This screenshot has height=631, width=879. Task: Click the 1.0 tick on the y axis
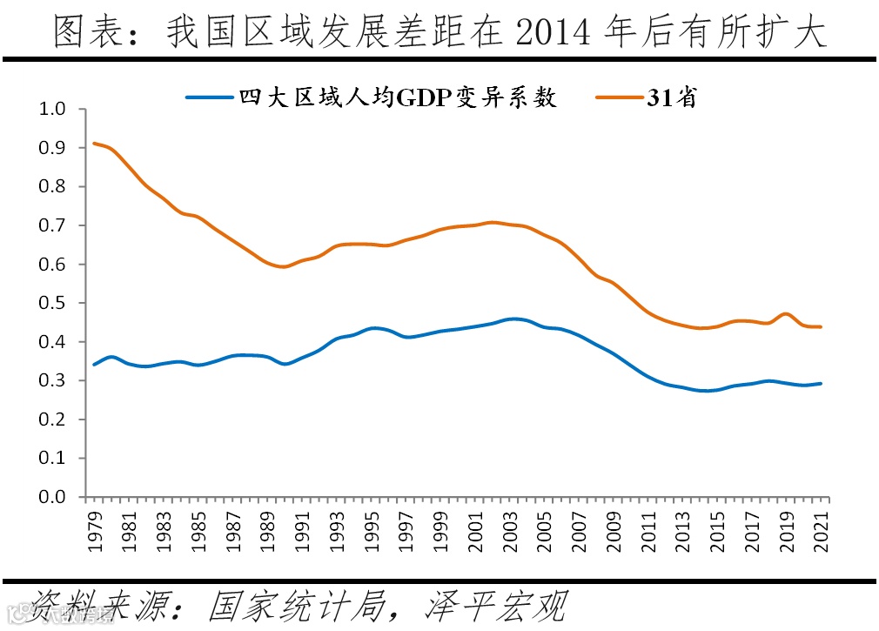pos(53,109)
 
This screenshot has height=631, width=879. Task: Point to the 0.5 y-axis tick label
pos(53,303)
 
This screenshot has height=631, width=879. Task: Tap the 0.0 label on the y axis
pos(53,497)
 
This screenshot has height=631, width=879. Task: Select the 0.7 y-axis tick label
pos(53,225)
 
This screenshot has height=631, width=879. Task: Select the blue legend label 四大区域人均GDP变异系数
pos(399,97)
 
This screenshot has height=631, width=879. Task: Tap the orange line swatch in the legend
pos(619,97)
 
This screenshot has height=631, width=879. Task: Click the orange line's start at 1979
pos(94,144)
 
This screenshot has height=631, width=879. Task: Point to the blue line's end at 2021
pos(821,384)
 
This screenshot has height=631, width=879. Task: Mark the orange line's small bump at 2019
pos(786,314)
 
